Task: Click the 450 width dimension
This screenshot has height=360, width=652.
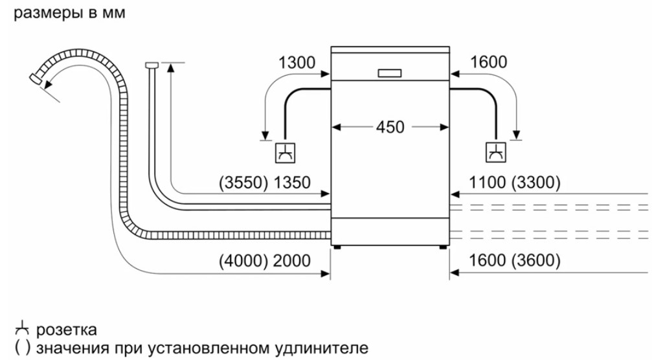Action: tap(390, 127)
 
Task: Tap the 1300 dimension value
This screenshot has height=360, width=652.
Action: tap(297, 62)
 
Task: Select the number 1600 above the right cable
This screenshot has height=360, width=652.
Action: tap(489, 62)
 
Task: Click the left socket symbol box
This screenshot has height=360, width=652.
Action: tap(284, 153)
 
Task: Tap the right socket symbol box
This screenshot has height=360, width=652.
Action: tap(496, 153)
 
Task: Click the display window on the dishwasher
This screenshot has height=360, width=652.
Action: tap(390, 73)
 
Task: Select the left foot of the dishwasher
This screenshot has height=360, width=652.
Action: tap(337, 246)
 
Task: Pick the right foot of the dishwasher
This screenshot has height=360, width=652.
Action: tap(443, 246)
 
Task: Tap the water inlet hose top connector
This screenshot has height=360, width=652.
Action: tap(152, 64)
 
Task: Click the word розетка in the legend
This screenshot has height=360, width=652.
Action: tap(67, 330)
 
